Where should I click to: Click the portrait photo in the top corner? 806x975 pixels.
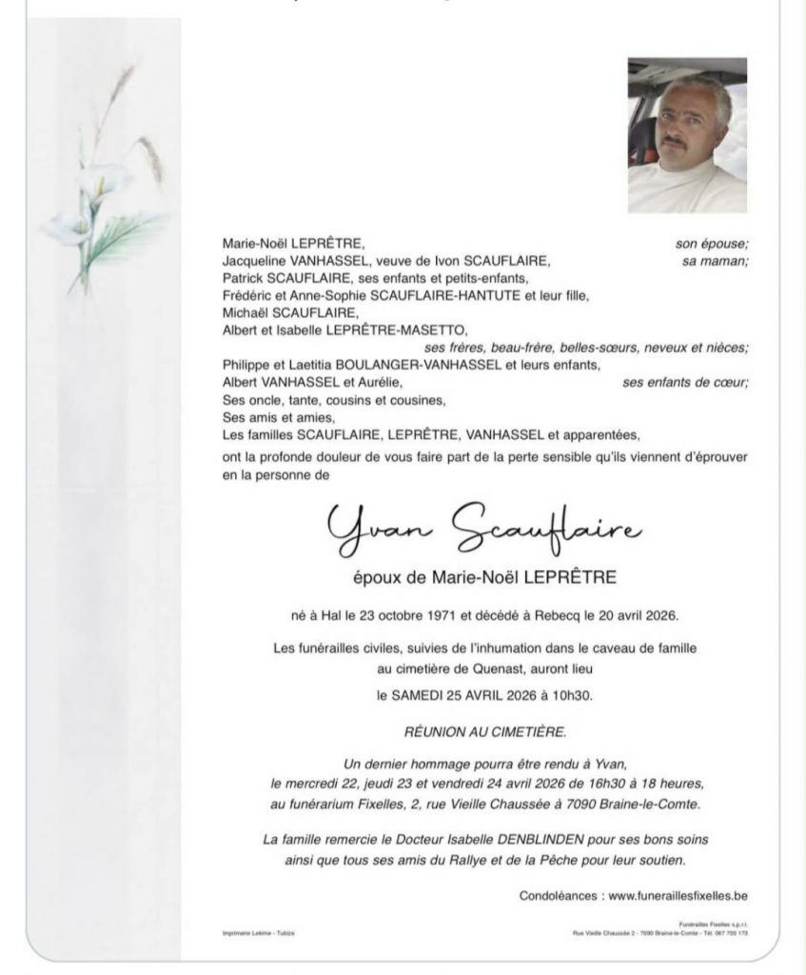click(x=687, y=135)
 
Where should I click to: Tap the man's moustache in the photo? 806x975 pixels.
click(x=678, y=141)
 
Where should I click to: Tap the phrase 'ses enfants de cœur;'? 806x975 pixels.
click(x=685, y=383)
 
